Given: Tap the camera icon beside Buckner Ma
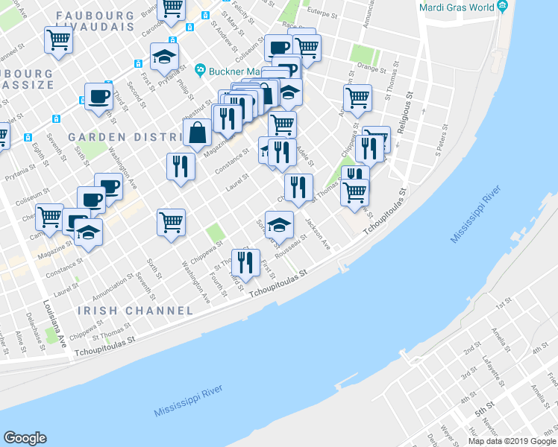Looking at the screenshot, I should coord(200,70).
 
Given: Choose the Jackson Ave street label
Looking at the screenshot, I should coord(317,233).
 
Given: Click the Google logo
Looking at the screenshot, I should coord(25,437).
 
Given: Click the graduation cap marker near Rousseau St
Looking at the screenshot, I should coord(279,225).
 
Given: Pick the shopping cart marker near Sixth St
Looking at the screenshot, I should coord(171,223).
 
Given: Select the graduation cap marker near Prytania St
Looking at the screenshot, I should coord(164,57).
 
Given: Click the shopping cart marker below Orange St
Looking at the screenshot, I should coord(357,99).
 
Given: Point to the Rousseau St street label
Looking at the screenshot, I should coord(290,250).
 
